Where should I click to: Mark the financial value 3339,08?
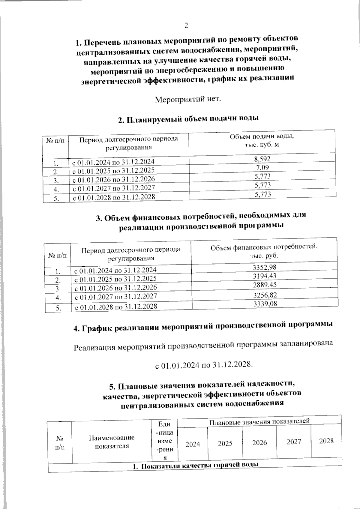(265, 304)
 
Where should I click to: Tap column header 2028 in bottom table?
(326, 441)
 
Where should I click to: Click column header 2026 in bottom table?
(259, 443)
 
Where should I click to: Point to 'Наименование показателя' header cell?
(112, 442)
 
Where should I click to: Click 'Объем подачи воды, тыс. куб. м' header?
(262, 140)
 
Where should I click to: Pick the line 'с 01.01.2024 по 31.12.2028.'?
(204, 365)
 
